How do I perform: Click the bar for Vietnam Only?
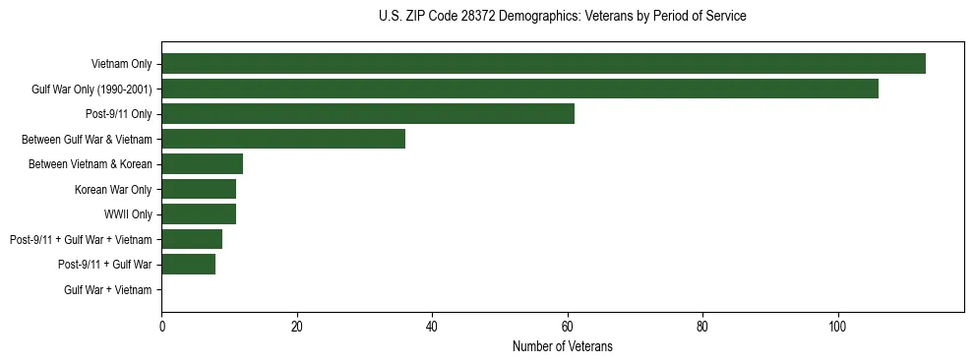543,64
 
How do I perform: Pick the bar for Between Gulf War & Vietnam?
283,139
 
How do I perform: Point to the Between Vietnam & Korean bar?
202,164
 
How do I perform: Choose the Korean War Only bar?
199,189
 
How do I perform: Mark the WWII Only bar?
199,214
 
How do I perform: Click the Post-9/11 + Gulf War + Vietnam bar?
192,239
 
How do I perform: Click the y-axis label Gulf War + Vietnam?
108,289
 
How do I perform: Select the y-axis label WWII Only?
128,214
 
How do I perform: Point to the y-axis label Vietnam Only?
121,64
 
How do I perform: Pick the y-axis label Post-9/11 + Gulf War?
105,265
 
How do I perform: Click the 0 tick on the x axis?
161,326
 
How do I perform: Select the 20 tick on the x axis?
297,326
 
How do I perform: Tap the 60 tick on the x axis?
567,326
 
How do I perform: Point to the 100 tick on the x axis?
837,326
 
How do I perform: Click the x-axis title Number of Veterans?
562,346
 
